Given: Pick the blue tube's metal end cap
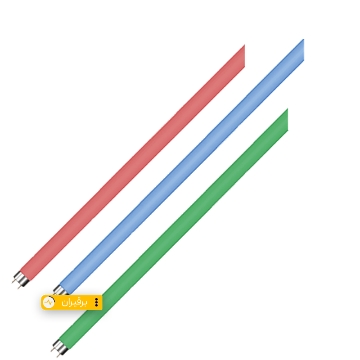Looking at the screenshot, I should point(58,290).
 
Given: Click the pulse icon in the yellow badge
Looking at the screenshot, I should point(49,302).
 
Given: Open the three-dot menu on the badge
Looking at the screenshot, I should point(96,302).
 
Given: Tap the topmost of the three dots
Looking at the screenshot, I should point(96,299).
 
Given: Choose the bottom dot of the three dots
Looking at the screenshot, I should point(96,306).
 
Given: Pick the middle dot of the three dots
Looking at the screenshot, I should point(96,302).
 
